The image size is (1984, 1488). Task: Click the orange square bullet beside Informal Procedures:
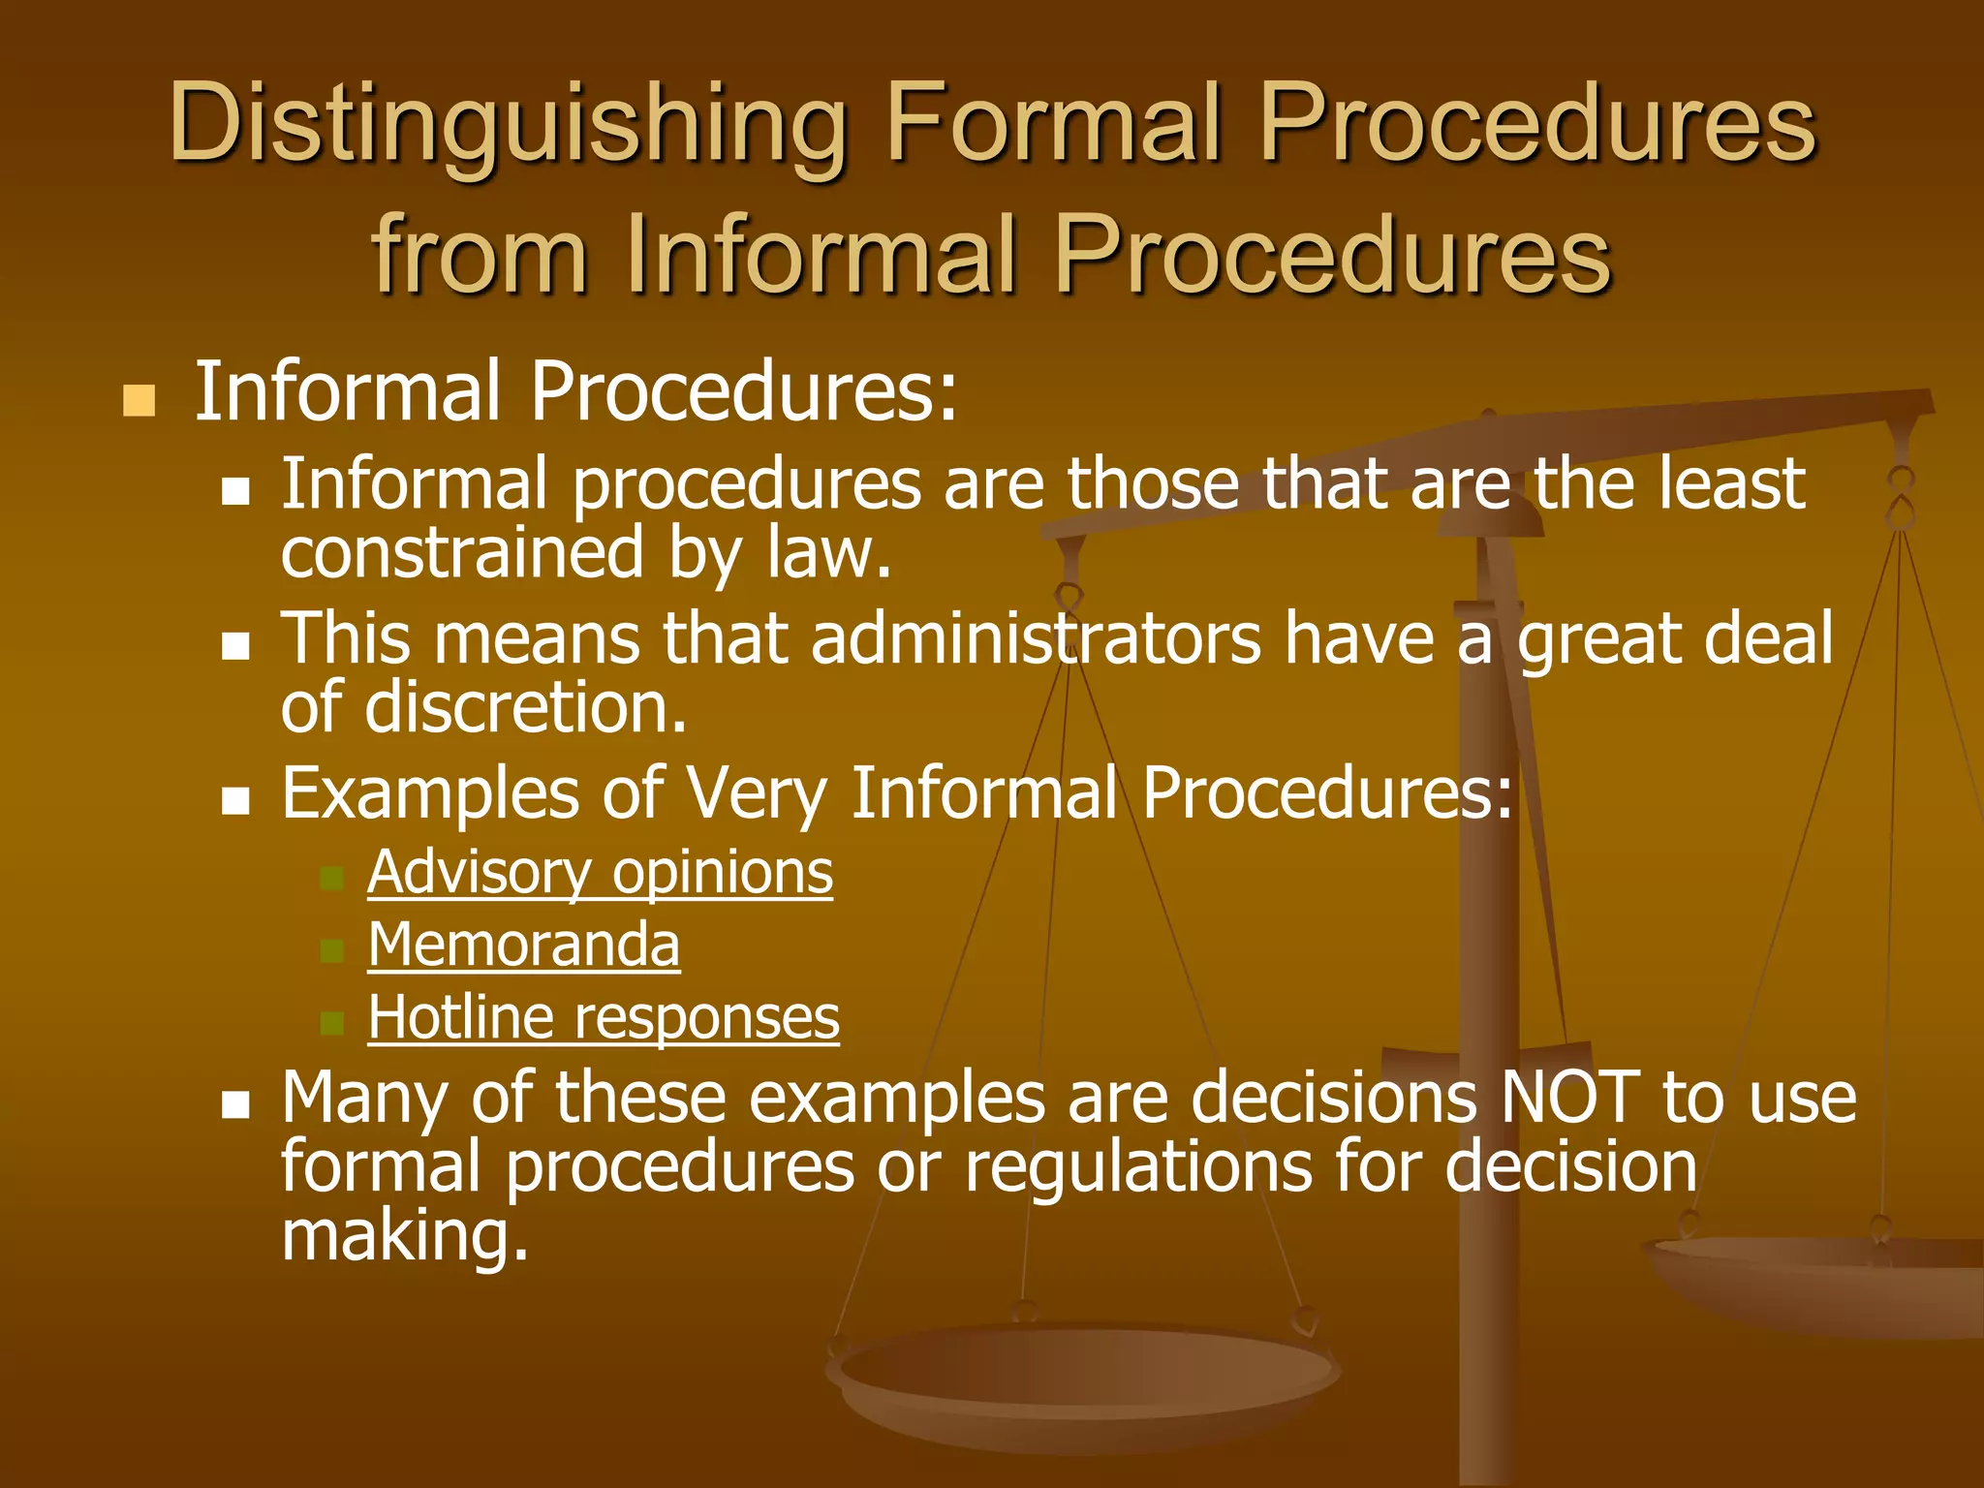pyautogui.click(x=139, y=400)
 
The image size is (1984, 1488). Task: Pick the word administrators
pyautogui.click(x=1036, y=639)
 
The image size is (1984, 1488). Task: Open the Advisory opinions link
pyautogui.click(x=600, y=873)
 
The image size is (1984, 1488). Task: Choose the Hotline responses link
pyautogui.click(x=604, y=1017)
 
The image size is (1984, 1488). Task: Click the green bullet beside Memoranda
pyautogui.click(x=332, y=950)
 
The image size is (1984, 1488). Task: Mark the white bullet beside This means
pyautogui.click(x=235, y=646)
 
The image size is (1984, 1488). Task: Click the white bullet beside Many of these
pyautogui.click(x=235, y=1104)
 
